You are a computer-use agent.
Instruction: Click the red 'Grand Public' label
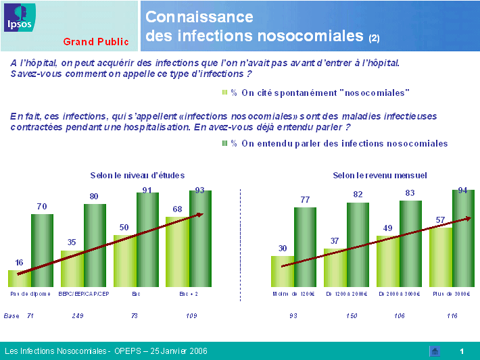click(96, 42)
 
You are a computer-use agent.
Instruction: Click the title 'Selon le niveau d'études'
click(137, 175)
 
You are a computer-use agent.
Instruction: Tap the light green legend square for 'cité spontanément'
click(226, 92)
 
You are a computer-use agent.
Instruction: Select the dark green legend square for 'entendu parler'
click(226, 143)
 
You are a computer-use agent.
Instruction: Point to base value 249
click(77, 315)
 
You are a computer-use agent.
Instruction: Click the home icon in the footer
click(435, 351)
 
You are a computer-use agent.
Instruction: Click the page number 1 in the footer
click(462, 351)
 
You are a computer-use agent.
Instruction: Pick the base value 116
click(452, 315)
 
